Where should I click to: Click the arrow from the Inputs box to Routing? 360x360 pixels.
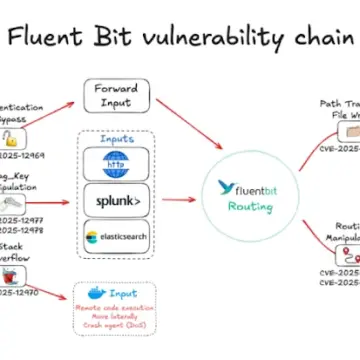pos(180,199)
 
